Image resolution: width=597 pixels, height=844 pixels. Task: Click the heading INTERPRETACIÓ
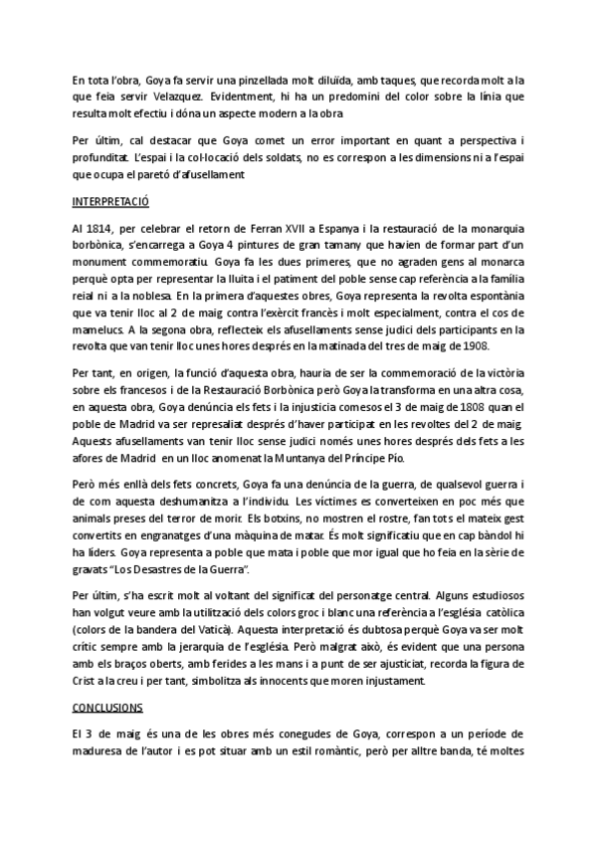[x=109, y=199]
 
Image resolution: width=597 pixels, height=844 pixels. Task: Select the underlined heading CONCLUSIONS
[x=110, y=708]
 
